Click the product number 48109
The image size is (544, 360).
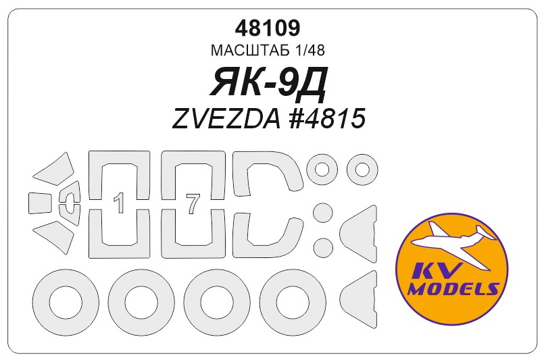(269, 28)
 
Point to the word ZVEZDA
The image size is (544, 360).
(223, 118)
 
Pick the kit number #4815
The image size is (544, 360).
(326, 118)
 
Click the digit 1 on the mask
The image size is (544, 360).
(119, 203)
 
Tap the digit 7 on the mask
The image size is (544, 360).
(193, 203)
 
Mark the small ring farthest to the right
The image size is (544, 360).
(363, 170)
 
